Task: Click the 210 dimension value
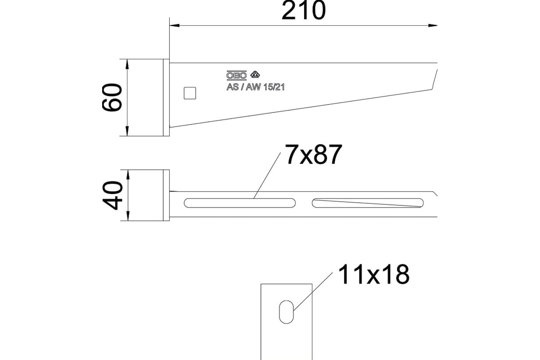303,10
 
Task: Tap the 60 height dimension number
112,97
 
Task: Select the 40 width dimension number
112,196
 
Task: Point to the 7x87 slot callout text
313,154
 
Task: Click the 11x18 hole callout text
373,274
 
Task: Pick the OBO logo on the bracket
236,75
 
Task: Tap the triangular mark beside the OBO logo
255,74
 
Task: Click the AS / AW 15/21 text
256,87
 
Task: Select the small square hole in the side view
190,93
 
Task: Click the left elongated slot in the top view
239,203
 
